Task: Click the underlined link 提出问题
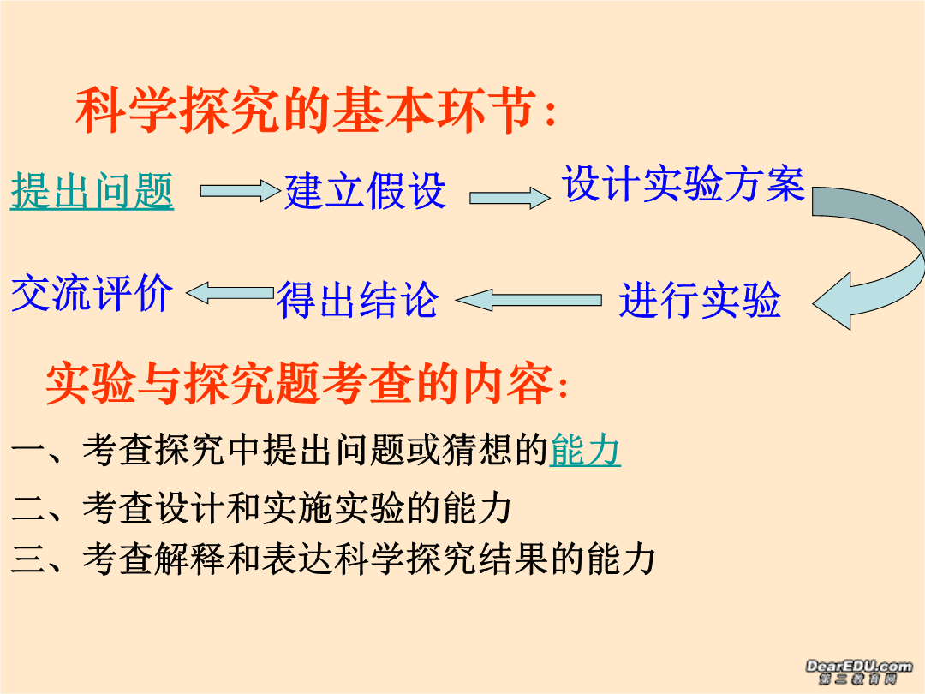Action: (x=92, y=190)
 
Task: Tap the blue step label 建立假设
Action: (x=365, y=190)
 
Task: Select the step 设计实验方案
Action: (x=683, y=183)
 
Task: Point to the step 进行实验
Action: (x=701, y=300)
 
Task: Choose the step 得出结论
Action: (x=357, y=300)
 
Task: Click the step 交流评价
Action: (x=92, y=293)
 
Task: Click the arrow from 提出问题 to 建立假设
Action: (x=240, y=190)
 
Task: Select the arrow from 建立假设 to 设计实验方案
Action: (x=510, y=198)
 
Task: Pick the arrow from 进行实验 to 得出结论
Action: (x=528, y=300)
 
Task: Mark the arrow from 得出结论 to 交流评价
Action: (x=230, y=293)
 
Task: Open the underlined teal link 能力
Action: (x=585, y=450)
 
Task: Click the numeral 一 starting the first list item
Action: (x=28, y=451)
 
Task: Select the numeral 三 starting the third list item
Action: (x=28, y=559)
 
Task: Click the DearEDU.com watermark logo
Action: (x=858, y=672)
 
